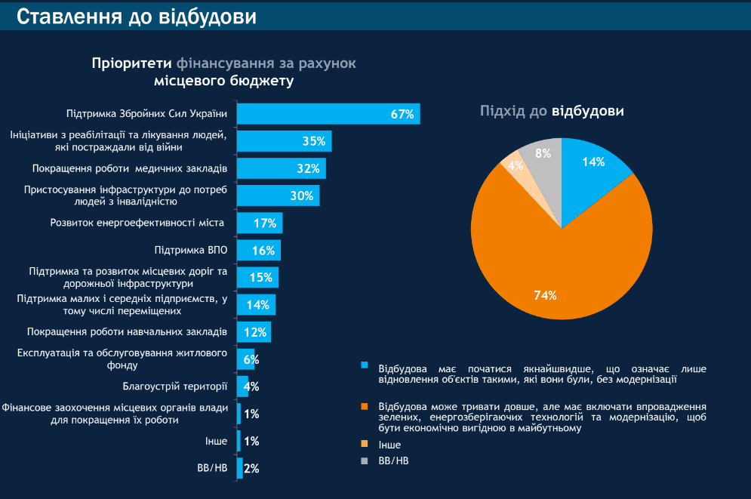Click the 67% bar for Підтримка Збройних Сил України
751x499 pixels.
pos(328,114)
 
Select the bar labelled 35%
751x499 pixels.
pos(284,141)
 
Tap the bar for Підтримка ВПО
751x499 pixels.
pos(258,250)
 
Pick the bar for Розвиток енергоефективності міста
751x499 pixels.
pos(259,223)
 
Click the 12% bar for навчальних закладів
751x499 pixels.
pos(253,331)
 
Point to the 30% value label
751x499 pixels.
pos(302,196)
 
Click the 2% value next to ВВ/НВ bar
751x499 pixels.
pos(252,468)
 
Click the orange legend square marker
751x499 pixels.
pos(365,406)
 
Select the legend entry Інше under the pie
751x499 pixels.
pos(389,445)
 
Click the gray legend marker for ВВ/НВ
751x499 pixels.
pos(365,460)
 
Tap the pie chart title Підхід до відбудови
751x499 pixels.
pos(552,111)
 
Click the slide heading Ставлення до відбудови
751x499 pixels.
pos(136,16)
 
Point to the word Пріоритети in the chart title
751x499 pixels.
pos(132,63)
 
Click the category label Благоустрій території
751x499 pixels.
pos(174,387)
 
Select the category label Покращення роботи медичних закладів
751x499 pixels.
pos(129,168)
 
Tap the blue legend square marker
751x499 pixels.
pos(365,365)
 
